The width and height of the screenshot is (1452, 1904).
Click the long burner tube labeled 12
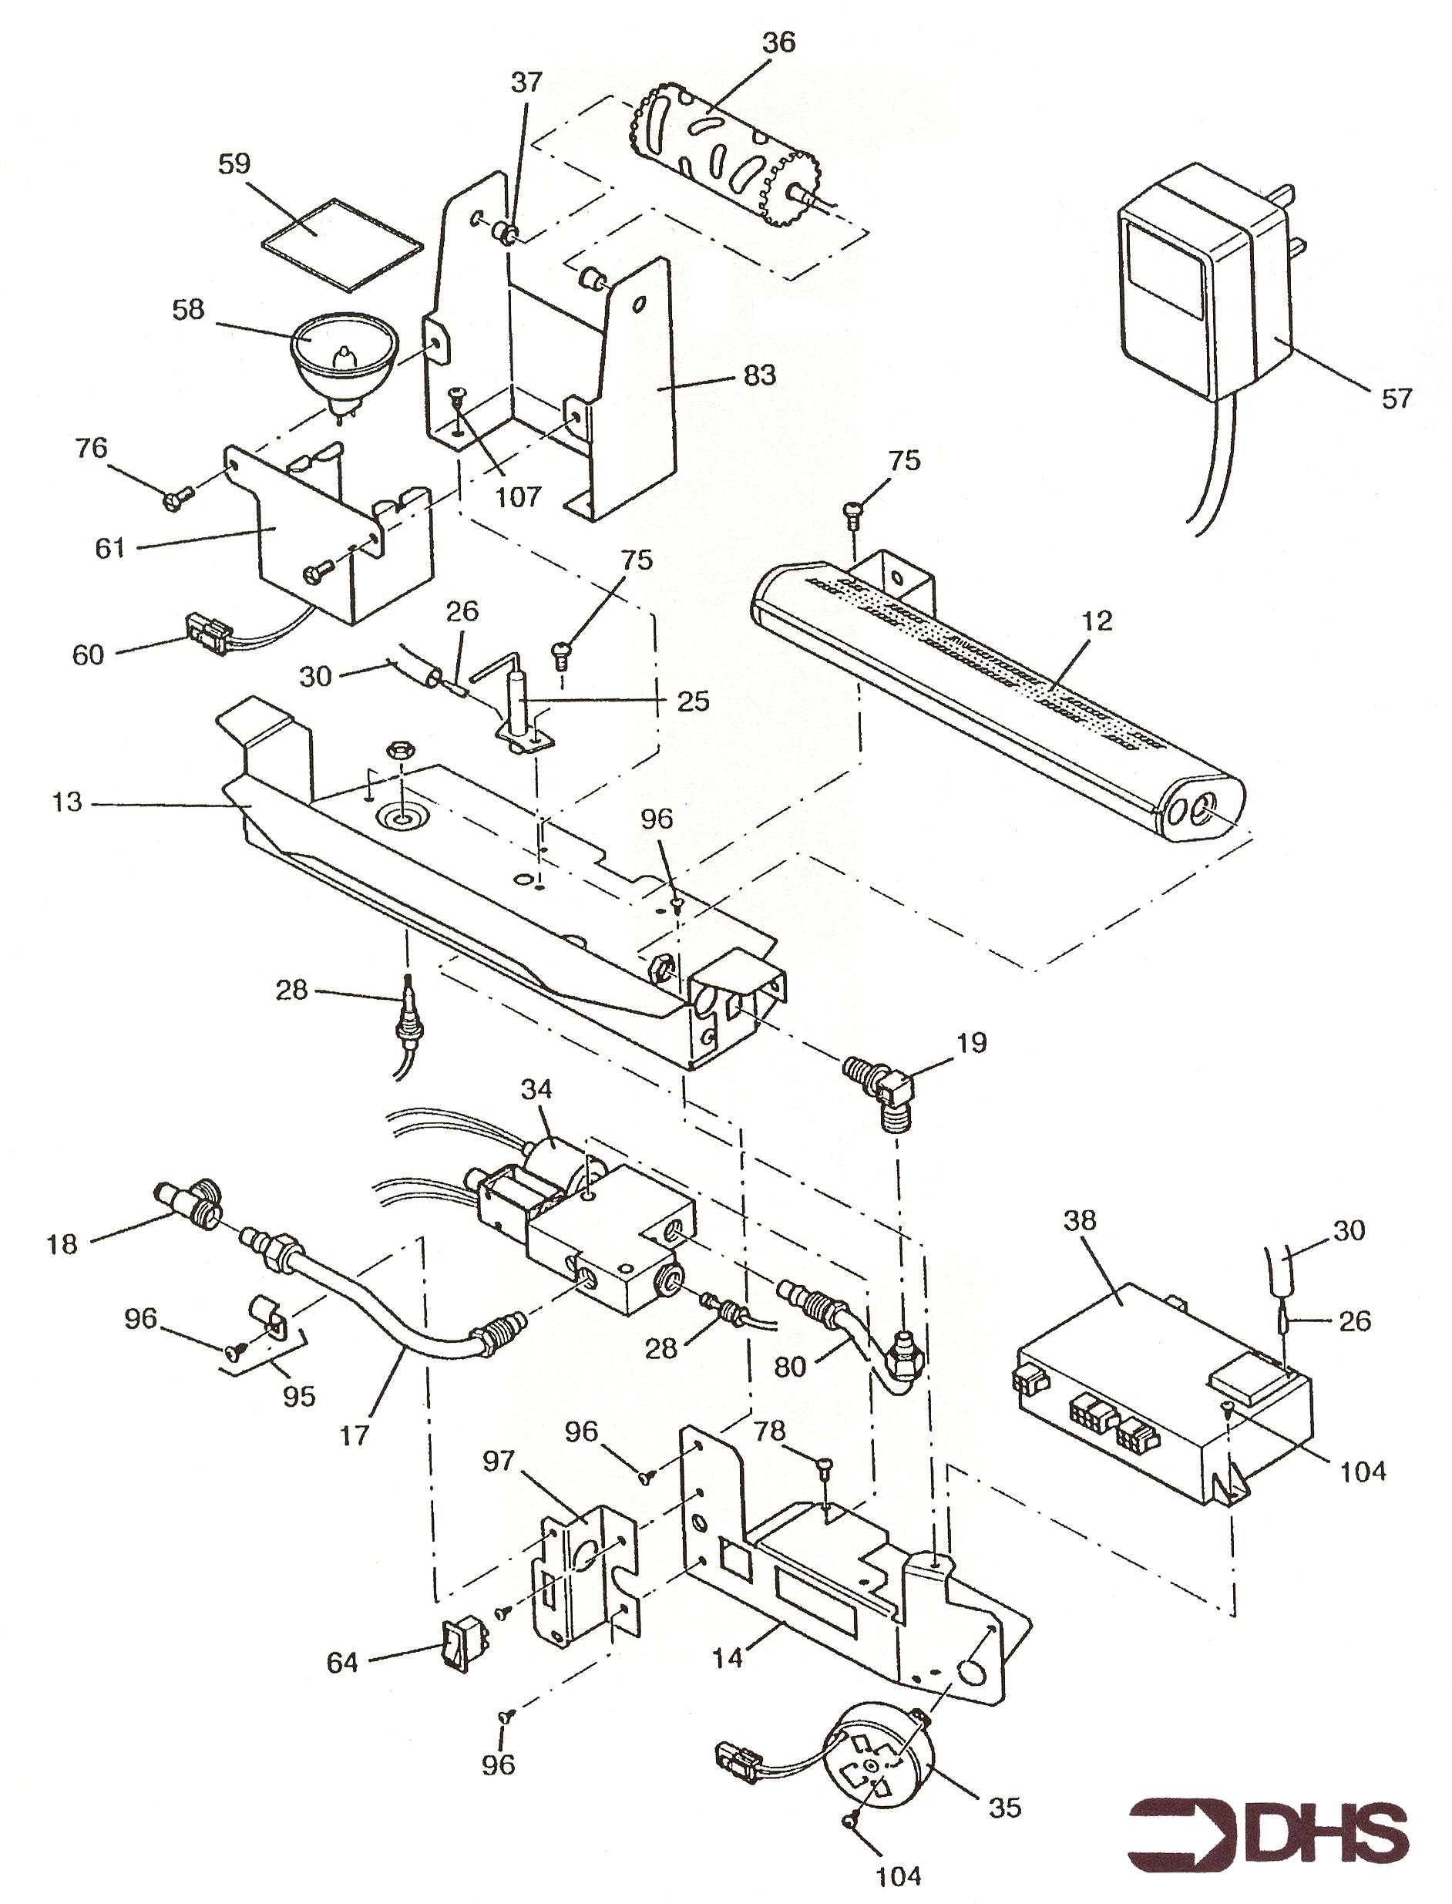tap(994, 691)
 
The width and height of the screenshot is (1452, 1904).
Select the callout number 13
tap(66, 803)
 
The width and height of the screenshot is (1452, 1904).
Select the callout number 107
tap(518, 496)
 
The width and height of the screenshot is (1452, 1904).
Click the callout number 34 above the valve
tap(536, 1091)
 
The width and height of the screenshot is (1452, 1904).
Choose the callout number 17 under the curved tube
tap(355, 1435)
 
